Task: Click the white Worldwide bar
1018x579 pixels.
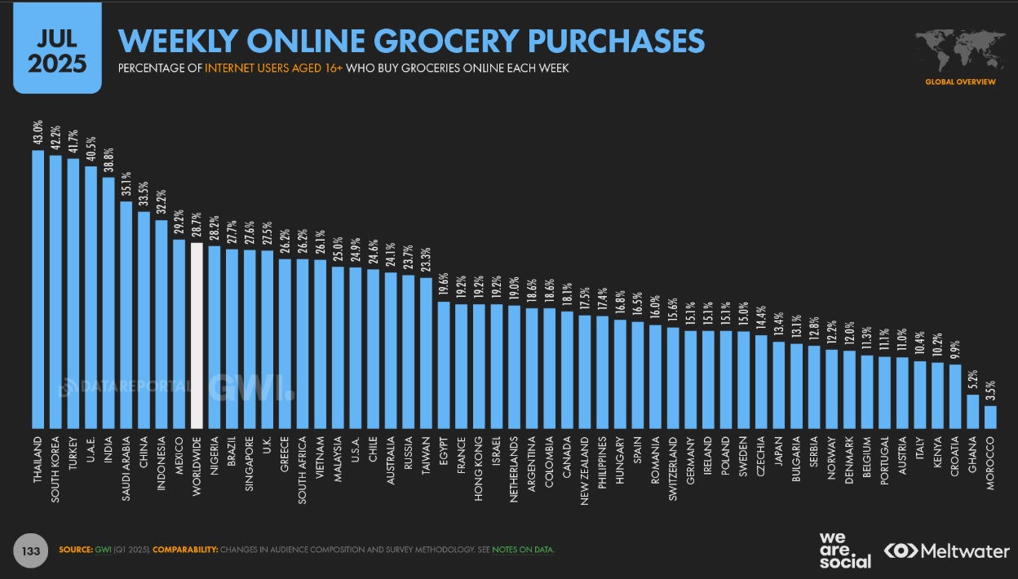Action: pyautogui.click(x=197, y=335)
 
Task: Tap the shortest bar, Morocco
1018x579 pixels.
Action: pyautogui.click(x=990, y=417)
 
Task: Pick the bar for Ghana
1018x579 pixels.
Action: pyautogui.click(x=972, y=411)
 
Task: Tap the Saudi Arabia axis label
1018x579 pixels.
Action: pyautogui.click(x=126, y=472)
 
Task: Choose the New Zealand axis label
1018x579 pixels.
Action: pyautogui.click(x=584, y=471)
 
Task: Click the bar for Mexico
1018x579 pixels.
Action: pyautogui.click(x=179, y=334)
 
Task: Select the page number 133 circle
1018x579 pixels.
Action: pyautogui.click(x=31, y=551)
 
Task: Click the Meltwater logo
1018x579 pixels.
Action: pyautogui.click(x=946, y=551)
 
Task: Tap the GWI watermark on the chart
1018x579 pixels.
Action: pyautogui.click(x=251, y=387)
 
